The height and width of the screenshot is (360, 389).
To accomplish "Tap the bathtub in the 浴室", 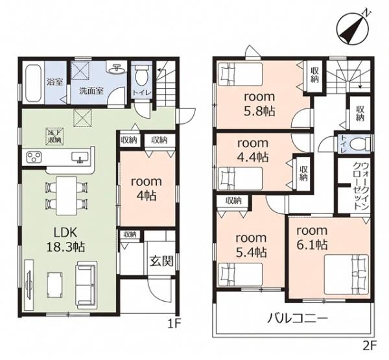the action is [x=33, y=83].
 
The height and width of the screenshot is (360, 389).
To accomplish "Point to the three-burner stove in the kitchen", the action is [x=34, y=157].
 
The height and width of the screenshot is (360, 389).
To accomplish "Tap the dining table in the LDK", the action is [x=67, y=196].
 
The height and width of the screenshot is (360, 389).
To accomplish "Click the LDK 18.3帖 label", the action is [x=66, y=240].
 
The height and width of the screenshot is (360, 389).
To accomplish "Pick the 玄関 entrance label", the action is [x=161, y=261].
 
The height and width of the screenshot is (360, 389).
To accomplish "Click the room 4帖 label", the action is [x=147, y=189].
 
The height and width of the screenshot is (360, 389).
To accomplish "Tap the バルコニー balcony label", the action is [x=298, y=318].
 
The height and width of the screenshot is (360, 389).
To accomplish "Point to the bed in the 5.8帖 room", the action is [x=240, y=74].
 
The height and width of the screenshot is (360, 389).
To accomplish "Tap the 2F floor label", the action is [x=370, y=346].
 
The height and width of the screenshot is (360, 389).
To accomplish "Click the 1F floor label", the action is [x=174, y=324].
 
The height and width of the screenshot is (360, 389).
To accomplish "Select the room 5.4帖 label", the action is [x=251, y=245].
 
